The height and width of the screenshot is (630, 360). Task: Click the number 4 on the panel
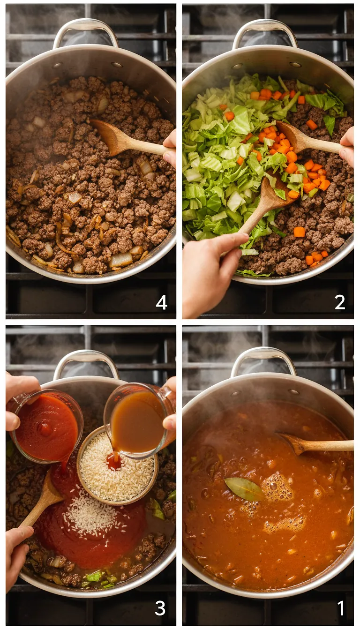tap(161, 302)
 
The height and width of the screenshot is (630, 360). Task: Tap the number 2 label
tap(340, 302)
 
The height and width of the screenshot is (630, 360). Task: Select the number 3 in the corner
tap(160, 608)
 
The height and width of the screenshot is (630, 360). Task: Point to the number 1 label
tap(341, 608)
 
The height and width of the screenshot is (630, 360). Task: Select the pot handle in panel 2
tap(265, 33)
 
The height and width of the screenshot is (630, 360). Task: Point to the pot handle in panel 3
tap(86, 363)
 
